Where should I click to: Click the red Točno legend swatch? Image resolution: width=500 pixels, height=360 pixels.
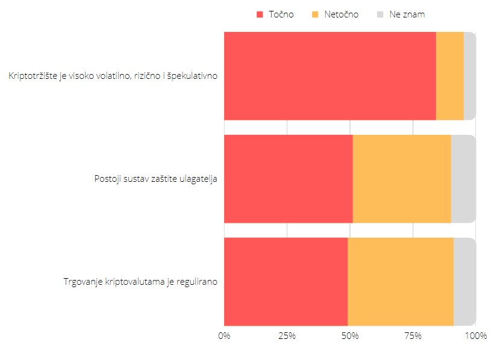[260, 14]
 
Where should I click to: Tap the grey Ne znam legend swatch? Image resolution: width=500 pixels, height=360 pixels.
[380, 14]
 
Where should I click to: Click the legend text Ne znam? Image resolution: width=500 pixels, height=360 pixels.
[407, 14]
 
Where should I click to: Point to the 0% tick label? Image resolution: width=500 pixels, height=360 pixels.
[224, 336]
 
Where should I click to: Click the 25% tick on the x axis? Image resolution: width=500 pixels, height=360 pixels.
[287, 336]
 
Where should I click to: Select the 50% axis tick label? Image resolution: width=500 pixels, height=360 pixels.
[350, 336]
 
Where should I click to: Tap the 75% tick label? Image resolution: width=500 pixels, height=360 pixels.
[413, 336]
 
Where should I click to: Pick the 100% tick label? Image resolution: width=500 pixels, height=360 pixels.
[476, 336]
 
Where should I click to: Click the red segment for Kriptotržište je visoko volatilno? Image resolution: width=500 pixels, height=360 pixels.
[330, 76]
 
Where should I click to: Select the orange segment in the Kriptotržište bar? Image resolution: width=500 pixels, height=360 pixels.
[449, 76]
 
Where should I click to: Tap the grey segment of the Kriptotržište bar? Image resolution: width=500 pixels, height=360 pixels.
[470, 76]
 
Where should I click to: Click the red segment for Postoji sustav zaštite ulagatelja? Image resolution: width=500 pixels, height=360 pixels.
[288, 179]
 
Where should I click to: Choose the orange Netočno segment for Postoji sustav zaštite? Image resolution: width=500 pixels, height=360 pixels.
[402, 179]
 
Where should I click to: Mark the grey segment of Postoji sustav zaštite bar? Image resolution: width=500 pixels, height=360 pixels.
[463, 179]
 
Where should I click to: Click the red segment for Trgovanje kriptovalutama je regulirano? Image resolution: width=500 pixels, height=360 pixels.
[286, 282]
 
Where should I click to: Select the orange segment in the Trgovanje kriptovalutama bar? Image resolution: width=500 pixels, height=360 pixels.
[401, 282]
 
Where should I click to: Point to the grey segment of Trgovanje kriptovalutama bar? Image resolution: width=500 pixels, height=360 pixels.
[464, 282]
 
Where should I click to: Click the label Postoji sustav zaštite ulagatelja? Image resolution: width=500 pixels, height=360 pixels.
[155, 179]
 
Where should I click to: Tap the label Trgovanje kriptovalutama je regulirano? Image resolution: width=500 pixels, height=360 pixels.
[140, 282]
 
